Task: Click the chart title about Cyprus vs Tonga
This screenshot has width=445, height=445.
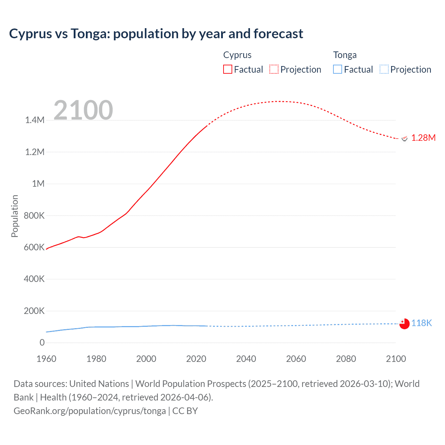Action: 156,34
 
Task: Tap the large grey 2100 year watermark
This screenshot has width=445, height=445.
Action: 83,110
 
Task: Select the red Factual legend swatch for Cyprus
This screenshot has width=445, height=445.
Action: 227,70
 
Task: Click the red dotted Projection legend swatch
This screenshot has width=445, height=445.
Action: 274,70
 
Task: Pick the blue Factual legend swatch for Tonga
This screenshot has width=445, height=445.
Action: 337,70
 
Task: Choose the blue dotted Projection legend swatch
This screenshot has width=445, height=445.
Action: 384,70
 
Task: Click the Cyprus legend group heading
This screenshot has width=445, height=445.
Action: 237,55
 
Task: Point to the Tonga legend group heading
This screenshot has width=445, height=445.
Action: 345,55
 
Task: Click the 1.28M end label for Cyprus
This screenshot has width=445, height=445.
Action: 423,138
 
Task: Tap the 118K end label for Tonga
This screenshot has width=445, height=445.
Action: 421,323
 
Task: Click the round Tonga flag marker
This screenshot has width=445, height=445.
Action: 404,324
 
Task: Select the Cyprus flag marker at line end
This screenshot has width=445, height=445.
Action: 404,138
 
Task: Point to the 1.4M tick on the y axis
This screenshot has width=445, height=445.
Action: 35,120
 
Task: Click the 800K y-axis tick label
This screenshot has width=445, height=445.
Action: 34,216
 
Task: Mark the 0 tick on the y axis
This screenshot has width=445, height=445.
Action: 42,343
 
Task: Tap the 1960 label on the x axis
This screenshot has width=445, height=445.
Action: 46,359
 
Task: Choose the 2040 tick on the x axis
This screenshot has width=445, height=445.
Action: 246,359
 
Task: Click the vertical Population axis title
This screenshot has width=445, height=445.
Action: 15,216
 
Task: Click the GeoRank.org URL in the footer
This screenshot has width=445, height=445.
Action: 90,411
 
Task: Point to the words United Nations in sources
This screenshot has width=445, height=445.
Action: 99,384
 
